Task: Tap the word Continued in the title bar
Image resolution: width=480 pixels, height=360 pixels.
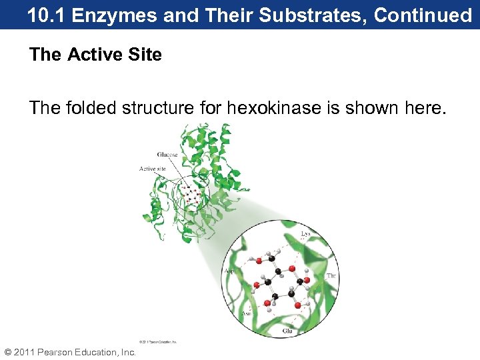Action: (423, 15)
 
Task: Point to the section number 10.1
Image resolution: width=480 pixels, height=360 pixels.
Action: (47, 15)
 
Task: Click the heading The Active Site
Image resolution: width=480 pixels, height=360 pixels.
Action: (95, 55)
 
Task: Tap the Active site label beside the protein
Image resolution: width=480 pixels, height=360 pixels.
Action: (152, 169)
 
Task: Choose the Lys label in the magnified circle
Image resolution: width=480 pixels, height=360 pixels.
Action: (305, 234)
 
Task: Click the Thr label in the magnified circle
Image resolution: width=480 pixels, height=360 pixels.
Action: (331, 275)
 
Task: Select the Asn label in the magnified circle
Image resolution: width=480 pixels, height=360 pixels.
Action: (229, 311)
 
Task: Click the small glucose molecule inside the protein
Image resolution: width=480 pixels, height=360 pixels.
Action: (191, 195)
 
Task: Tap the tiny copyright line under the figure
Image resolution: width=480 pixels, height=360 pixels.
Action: (159, 341)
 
